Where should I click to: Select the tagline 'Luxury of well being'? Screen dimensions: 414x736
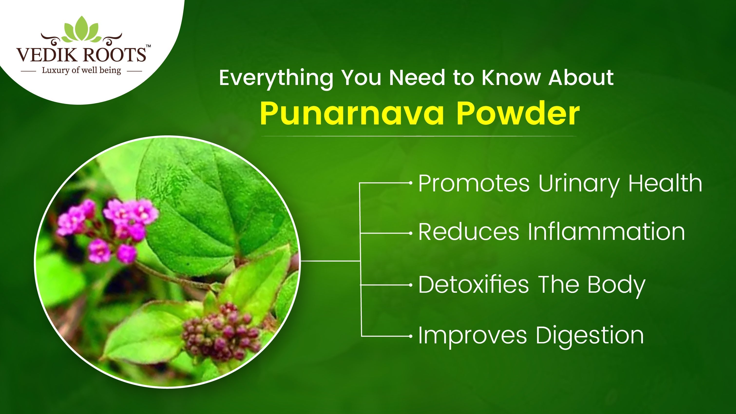point(81,70)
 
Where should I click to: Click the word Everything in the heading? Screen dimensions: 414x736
point(276,78)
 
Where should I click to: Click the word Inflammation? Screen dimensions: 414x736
point(606,232)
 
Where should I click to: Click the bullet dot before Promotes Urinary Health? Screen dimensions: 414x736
point(411,183)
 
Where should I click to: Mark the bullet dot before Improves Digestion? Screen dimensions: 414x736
point(411,336)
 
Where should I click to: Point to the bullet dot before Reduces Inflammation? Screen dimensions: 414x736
point(411,233)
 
